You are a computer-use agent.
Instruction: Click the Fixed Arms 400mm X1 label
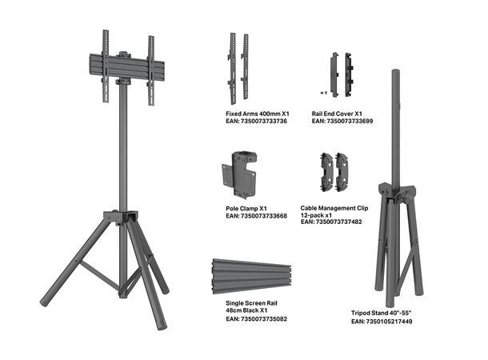click(257, 114)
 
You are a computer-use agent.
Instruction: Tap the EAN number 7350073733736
click(256, 122)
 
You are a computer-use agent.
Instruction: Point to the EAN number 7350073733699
click(342, 122)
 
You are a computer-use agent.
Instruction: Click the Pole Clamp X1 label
click(246, 208)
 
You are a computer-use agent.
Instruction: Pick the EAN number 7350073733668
click(256, 216)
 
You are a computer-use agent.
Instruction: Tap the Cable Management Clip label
click(335, 206)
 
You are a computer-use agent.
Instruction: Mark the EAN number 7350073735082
click(256, 319)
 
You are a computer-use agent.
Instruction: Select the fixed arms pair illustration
click(237, 66)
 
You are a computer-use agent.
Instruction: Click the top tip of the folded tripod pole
click(394, 72)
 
